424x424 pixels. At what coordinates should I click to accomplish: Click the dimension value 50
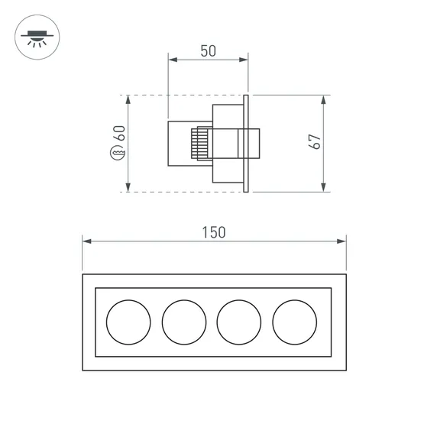tap(207, 51)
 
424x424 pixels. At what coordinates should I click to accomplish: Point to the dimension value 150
tap(214, 232)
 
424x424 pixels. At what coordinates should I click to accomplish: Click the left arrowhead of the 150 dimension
tap(86, 241)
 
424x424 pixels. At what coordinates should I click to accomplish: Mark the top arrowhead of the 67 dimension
tap(324, 99)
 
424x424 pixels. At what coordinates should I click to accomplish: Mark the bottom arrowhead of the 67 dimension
tap(324, 187)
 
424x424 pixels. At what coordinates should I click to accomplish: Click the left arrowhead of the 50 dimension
tap(172, 60)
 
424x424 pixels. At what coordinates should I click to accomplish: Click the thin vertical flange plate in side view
tap(246, 143)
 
